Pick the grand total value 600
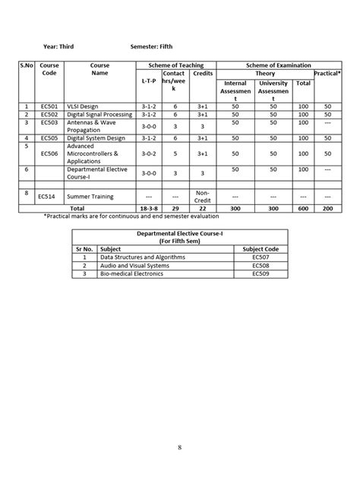304,207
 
